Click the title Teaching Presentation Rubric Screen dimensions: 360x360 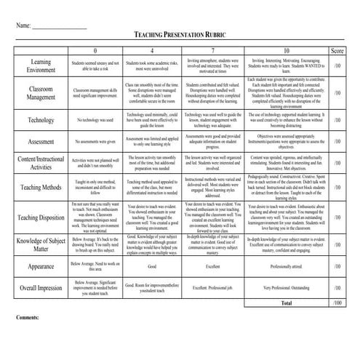coord(180,36)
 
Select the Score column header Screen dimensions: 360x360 coord(337,52)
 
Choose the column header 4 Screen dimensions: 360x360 coord(151,52)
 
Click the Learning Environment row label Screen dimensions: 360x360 coord(41,66)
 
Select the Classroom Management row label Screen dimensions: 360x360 coord(41,92)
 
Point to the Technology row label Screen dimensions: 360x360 coord(41,119)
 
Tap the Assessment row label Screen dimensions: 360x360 coord(41,141)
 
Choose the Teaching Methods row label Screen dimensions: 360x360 coord(41,187)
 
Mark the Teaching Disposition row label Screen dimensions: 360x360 coord(41,217)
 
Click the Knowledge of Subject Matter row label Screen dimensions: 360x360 coord(41,245)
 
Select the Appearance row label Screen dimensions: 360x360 coord(41,267)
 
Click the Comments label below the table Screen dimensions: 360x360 coord(28,319)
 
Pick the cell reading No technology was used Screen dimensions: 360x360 coord(96,119)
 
